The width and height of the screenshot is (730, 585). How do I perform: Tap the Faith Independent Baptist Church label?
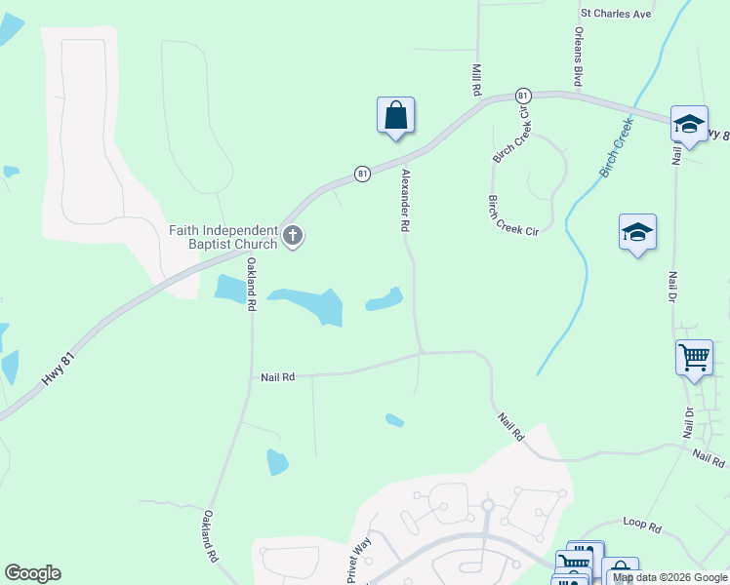point(223,237)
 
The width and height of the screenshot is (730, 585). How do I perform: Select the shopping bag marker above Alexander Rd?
point(395,116)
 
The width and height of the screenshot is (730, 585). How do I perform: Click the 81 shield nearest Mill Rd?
point(523,96)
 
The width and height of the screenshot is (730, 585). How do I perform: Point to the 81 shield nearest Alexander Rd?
point(362,174)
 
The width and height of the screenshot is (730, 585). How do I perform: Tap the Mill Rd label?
point(477,80)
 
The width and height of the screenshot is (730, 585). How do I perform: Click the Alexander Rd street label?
point(404,200)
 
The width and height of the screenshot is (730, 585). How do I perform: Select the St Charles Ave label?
point(615,15)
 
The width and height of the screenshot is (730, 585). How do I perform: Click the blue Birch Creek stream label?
point(617,148)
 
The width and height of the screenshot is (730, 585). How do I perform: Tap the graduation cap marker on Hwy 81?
point(689,124)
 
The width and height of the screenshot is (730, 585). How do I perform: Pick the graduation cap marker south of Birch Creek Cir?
point(637,232)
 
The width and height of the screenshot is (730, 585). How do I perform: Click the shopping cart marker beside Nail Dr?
point(694,357)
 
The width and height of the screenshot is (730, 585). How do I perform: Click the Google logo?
point(32,573)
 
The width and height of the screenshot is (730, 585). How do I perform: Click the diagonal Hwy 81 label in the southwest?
point(59,372)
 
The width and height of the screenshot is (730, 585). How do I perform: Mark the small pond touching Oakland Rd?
point(230,289)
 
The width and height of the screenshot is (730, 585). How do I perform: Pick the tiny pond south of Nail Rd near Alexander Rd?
point(394,420)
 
